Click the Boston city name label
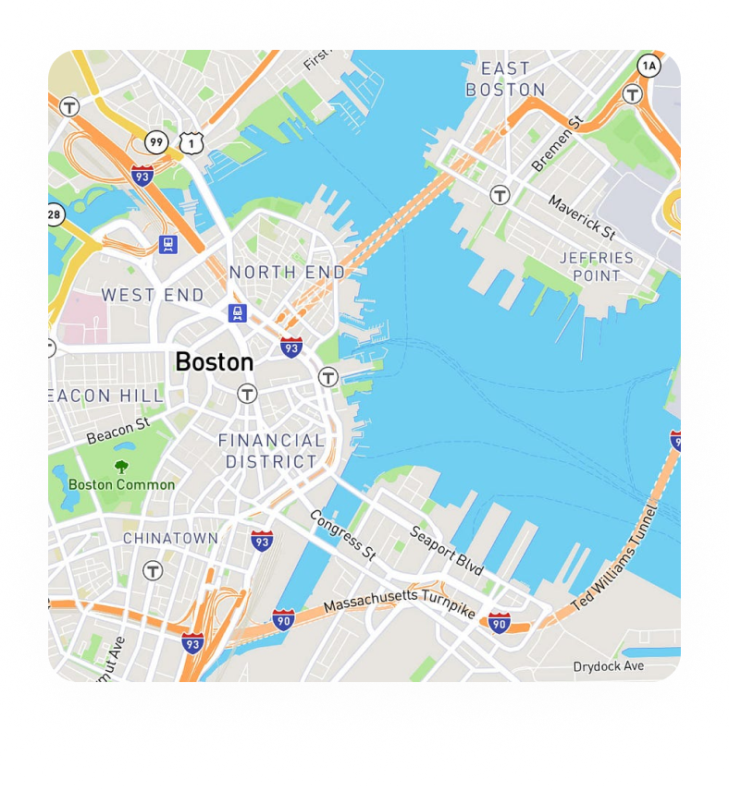[x=214, y=361]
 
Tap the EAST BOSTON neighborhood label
[x=505, y=79]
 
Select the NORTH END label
[x=287, y=272]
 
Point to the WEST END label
[x=153, y=296]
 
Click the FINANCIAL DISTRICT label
[x=271, y=451]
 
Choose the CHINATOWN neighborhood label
[x=171, y=538]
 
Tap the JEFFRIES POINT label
[x=597, y=266]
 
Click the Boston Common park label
[x=121, y=484]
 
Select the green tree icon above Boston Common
[x=121, y=467]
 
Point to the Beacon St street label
[x=117, y=430]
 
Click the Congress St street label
[x=342, y=535]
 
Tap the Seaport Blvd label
[x=447, y=550]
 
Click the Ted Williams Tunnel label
[x=613, y=558]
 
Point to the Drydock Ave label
[x=608, y=666]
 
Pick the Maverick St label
[x=582, y=216]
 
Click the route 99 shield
[x=155, y=141]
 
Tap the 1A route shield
[x=649, y=65]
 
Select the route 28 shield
[x=55, y=214]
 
